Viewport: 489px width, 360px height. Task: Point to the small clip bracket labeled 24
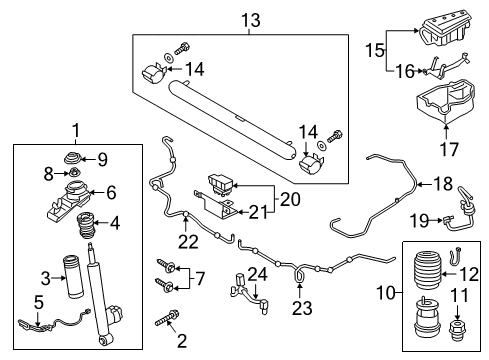(x=243, y=294)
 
